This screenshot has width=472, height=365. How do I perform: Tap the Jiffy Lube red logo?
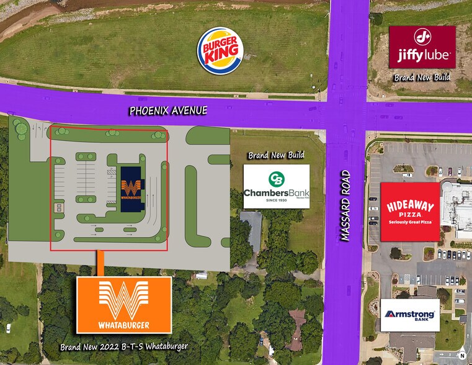(x=422, y=47)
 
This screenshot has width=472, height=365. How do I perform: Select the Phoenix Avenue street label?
(x=168, y=111)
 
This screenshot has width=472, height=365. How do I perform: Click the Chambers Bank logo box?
(x=276, y=186)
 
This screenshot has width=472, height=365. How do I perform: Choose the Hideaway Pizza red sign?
(x=410, y=212)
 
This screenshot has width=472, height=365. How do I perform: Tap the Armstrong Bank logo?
(x=410, y=315)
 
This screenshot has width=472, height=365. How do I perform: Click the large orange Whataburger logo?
(x=124, y=304)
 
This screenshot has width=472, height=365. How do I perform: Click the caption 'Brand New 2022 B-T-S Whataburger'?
(x=123, y=346)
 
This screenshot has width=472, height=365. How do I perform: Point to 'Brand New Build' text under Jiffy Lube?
(x=422, y=78)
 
